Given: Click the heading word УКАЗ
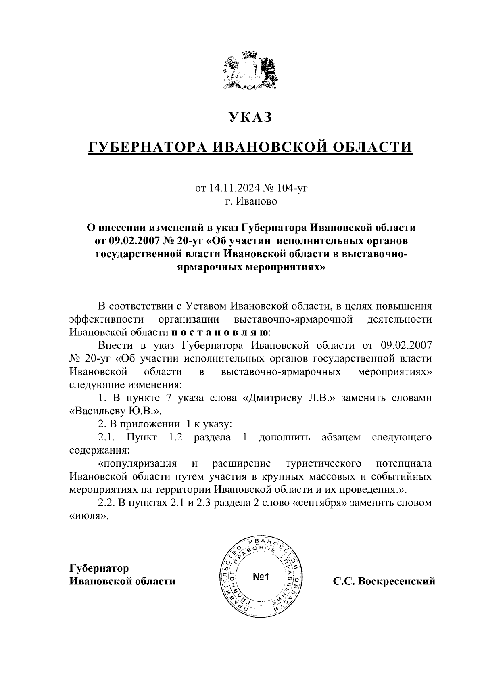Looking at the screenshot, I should [x=250, y=117].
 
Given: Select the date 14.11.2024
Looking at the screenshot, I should [x=235, y=188].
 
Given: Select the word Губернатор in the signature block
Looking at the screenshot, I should [x=99, y=568].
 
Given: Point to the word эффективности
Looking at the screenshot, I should [x=106, y=319].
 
